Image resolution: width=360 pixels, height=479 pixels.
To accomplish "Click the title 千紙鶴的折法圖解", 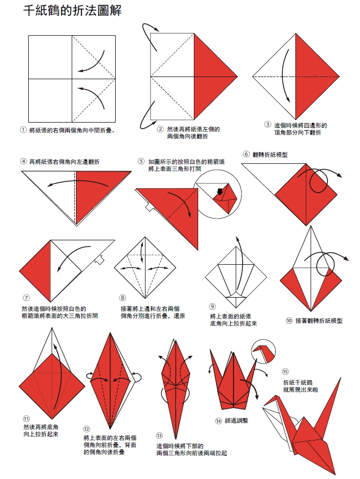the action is coord(73,10).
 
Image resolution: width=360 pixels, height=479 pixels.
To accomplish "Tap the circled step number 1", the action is coord(23,130).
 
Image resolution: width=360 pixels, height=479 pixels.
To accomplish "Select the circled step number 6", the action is coord(246,154).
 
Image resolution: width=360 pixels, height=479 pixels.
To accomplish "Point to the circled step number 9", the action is coord(212,306).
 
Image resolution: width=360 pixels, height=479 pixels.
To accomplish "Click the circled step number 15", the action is coord(285,372).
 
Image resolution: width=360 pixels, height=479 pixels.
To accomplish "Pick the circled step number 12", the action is coord(86,429).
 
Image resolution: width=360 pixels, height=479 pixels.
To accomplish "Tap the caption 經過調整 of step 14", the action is coord(236,420).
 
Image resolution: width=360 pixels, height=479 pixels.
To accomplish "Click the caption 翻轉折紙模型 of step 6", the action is coord(270,155).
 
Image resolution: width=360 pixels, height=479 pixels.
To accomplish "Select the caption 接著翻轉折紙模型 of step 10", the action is coord(319,321).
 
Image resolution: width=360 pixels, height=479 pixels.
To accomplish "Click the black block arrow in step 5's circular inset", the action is coord(219,191).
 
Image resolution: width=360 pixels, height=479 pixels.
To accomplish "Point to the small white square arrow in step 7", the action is coord(99,259).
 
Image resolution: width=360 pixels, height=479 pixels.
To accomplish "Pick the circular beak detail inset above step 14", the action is coord(263,352).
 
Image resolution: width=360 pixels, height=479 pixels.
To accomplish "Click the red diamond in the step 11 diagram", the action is coord(52,386).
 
